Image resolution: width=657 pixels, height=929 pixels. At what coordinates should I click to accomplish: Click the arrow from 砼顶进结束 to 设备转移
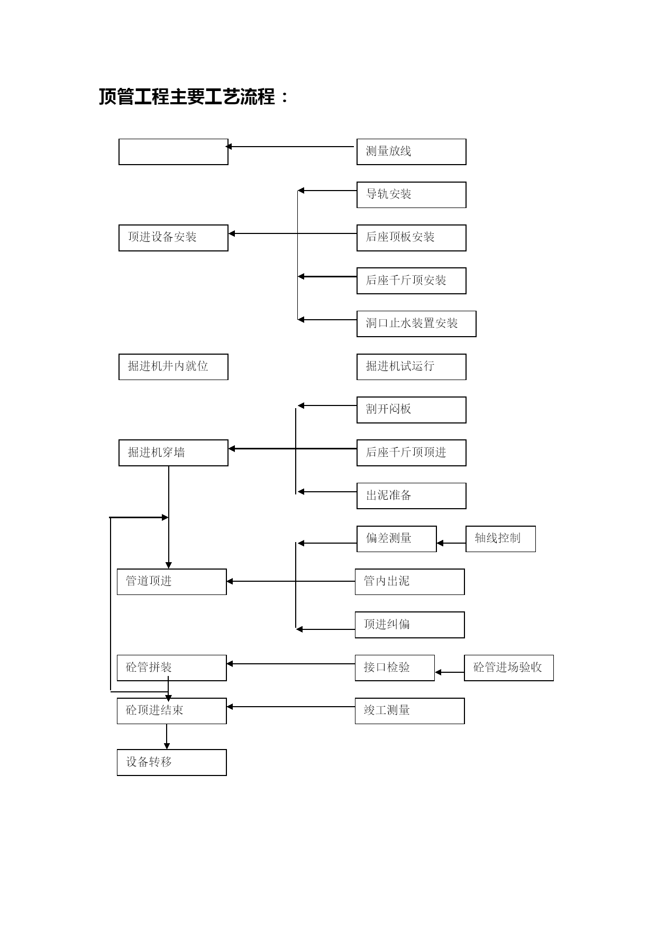click(167, 737)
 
